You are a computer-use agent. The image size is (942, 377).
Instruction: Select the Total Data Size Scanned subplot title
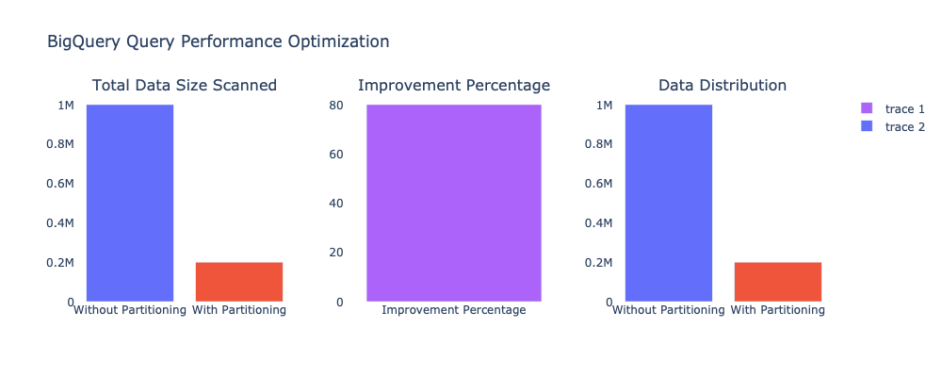[184, 86]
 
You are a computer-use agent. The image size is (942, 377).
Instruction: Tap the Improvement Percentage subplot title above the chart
[453, 86]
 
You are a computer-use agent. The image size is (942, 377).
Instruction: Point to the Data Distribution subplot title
[723, 86]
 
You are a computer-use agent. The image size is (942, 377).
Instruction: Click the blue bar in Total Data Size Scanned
[130, 203]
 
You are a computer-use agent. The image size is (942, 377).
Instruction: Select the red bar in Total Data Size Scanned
[239, 282]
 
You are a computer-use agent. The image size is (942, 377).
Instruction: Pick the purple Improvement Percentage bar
[453, 203]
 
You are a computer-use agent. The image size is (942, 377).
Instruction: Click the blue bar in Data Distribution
[669, 203]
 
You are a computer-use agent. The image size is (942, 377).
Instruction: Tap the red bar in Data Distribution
[778, 282]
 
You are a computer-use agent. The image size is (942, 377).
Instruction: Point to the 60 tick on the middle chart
[335, 154]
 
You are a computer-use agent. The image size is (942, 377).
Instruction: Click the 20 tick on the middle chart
[335, 253]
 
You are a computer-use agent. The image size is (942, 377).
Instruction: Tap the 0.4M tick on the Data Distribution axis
[599, 223]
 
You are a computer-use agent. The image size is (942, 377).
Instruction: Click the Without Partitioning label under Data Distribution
[668, 309]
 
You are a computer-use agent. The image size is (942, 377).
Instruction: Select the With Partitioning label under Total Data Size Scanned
[239, 309]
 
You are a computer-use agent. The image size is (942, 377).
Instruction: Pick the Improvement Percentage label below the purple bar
[453, 309]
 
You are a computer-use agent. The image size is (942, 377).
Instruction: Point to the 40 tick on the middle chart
[335, 204]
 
